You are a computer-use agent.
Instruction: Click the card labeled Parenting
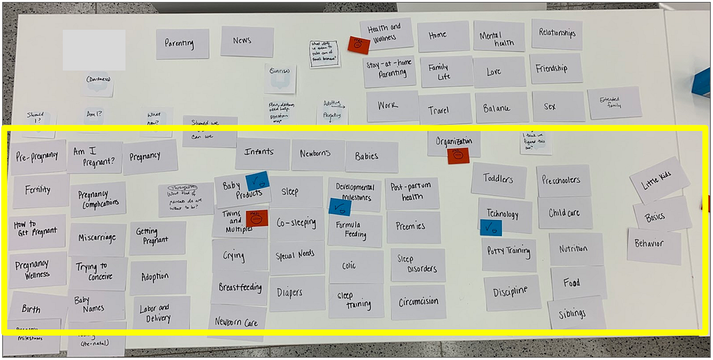pos(182,43)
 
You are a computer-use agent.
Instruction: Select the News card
pos(246,41)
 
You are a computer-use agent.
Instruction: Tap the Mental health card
pos(499,36)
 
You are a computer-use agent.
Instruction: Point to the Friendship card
pos(556,68)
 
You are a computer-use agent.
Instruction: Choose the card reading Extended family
pos(614,102)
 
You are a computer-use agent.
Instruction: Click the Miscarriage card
pos(97,239)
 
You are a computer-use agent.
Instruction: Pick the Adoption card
pos(157,276)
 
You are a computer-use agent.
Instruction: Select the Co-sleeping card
pos(297,224)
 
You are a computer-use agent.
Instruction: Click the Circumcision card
pos(418,302)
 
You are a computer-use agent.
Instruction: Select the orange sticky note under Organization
pos(458,155)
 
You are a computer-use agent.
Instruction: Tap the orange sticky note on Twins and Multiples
pos(257,218)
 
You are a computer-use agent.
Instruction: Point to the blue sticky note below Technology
pos(491,227)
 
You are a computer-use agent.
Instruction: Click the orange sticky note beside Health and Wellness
pos(358,45)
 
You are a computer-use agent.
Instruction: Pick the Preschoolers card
pos(563,180)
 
